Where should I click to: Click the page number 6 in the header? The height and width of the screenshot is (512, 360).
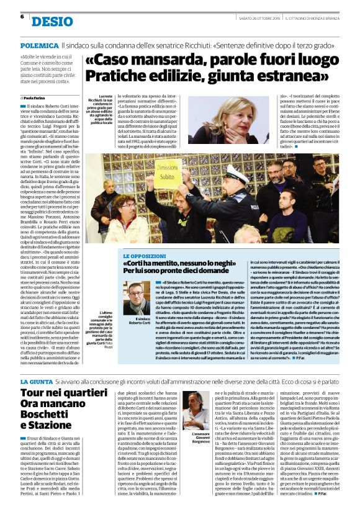(x=22, y=16)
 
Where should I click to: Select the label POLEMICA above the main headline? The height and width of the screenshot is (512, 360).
(x=40, y=46)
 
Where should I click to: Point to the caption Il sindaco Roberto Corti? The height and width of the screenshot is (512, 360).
(x=139, y=321)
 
